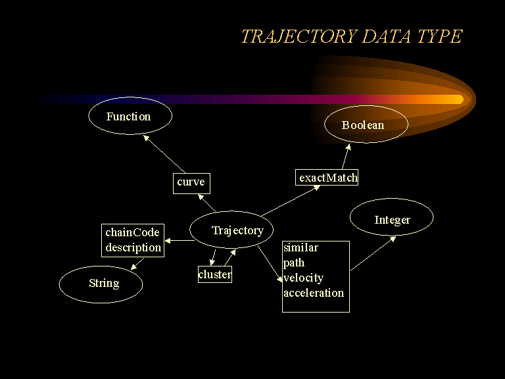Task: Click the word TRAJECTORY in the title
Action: tap(300, 36)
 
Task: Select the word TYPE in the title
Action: tap(441, 36)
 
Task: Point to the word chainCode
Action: tap(132, 232)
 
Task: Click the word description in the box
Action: tap(133, 247)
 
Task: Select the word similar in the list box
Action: tap(301, 247)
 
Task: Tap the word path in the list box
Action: tap(294, 263)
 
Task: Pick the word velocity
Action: tap(303, 278)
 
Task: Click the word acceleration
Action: tap(314, 293)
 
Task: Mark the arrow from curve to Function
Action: tap(164, 154)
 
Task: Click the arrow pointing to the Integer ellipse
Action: tap(373, 253)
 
